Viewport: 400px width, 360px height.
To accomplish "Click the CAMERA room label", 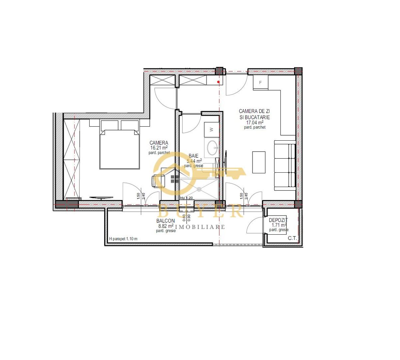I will [159, 143].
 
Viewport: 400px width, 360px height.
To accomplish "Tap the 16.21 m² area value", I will [159, 148].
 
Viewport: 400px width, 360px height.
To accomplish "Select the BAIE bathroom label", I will [194, 156].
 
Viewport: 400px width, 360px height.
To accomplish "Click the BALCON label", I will [166, 221].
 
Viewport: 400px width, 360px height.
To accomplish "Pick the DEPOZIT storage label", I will [278, 220].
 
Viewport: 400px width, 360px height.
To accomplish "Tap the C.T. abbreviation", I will [292, 238].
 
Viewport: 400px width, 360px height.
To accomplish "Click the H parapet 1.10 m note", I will [123, 239].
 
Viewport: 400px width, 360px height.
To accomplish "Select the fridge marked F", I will [261, 82].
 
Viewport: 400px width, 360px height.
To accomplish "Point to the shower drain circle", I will [199, 189].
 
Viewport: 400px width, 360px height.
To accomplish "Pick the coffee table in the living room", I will [259, 162].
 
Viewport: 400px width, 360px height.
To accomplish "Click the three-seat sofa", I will [285, 165].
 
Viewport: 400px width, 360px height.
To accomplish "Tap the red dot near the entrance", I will [218, 82].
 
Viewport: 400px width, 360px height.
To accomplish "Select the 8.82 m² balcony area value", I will [166, 226].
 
